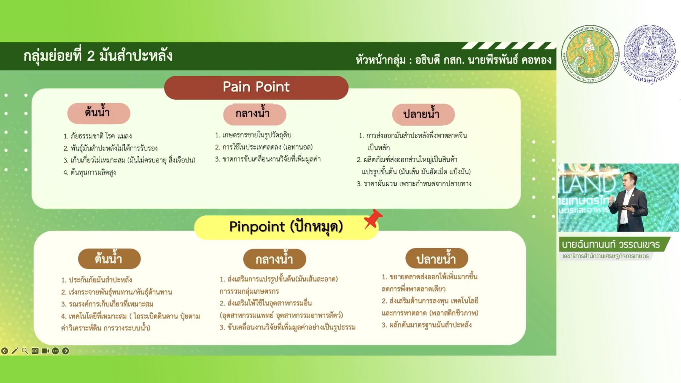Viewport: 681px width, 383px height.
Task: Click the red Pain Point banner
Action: pos(256,88)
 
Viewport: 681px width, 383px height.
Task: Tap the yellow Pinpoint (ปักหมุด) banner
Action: pos(286,227)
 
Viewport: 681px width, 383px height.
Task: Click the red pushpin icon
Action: pos(372,219)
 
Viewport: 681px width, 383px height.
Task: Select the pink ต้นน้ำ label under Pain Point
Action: pos(98,113)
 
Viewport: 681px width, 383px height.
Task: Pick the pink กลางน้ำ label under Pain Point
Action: pos(254,114)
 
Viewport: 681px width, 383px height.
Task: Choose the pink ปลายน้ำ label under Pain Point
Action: pos(423,114)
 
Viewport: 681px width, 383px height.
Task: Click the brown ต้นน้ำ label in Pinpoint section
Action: pos(109,259)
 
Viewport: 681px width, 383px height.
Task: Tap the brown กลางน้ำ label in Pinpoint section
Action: pos(274,259)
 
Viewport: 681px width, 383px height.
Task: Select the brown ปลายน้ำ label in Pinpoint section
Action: pos(437,258)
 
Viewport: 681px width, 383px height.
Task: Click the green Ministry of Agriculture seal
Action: pos(590,54)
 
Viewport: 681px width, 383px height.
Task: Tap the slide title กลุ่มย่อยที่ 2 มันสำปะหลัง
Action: pos(98,56)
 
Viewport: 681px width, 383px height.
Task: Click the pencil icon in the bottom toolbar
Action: pos(15,351)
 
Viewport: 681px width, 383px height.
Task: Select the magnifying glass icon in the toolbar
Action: pos(25,351)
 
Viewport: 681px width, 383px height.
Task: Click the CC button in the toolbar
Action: pos(35,351)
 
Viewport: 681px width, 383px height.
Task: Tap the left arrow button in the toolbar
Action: pos(5,351)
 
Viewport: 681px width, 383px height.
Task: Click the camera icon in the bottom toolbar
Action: pos(45,351)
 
